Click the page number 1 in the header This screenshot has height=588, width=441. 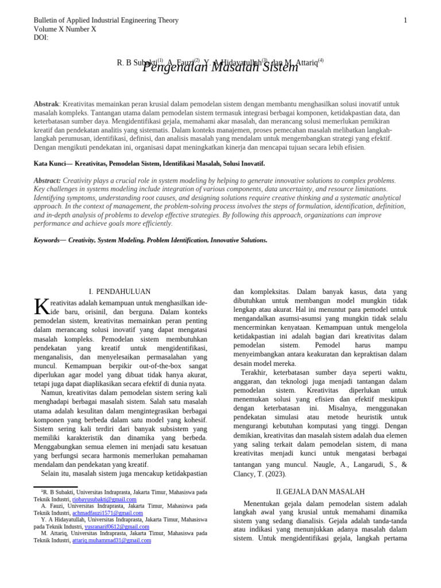click(405, 21)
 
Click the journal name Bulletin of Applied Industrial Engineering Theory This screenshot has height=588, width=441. click(106, 21)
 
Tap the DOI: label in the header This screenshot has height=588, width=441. click(41, 38)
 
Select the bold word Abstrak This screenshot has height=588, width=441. click(46, 104)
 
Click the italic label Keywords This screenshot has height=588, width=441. click(47, 240)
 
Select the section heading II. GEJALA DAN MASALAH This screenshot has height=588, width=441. click(320, 492)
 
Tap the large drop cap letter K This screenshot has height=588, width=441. click(41, 307)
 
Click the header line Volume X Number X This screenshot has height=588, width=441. click(65, 29)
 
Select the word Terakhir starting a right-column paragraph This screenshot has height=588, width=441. click(256, 372)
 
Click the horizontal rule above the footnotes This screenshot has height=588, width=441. click(55, 487)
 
